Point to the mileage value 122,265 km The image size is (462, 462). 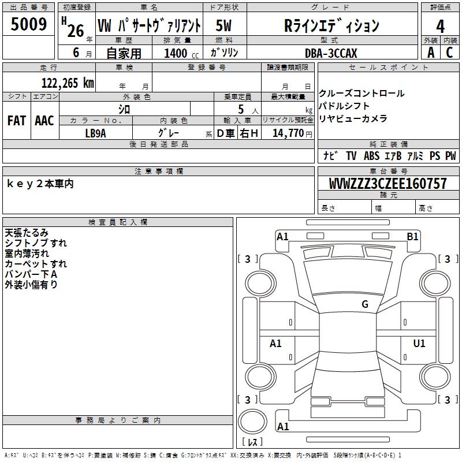point(68,83)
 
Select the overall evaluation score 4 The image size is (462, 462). point(440,26)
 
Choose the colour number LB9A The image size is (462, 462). point(95,133)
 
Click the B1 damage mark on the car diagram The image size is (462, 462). point(412,236)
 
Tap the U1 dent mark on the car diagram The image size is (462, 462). point(419,344)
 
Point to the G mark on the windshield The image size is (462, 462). point(364,304)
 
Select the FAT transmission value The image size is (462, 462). point(16,120)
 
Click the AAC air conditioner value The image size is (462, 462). point(44,120)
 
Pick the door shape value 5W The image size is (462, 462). point(224,26)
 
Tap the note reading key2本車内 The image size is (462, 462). point(40,184)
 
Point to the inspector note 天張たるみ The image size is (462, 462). point(27,233)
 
